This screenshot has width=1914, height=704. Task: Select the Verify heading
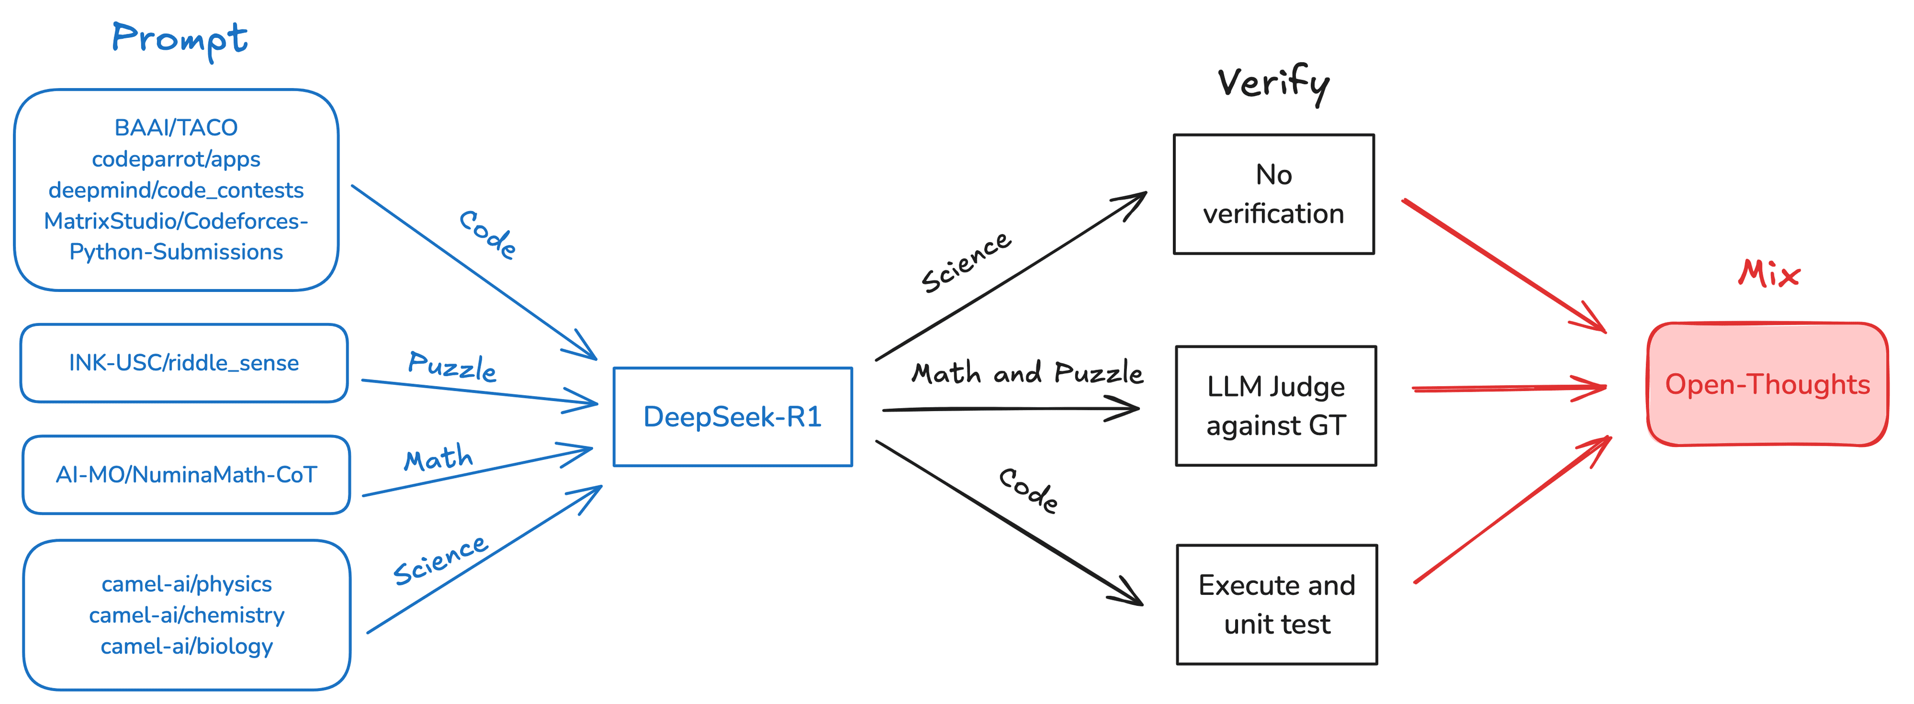coord(1273,83)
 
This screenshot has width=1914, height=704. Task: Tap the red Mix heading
coord(1769,274)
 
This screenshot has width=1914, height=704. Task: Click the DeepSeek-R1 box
coord(733,417)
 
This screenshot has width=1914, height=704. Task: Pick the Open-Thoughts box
coord(1767,384)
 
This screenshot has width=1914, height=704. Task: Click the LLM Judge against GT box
coord(1276,406)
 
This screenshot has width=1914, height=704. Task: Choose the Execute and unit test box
coord(1276,604)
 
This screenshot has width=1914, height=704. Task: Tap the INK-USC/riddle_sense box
coord(183,363)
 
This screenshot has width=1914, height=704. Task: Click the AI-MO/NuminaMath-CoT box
coord(186,474)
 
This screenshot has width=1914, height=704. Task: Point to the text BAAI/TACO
coord(176,128)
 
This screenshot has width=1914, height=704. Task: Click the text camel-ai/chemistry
coord(186,615)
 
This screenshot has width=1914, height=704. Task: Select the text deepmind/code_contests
coord(176,190)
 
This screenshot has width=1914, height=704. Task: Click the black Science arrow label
coord(966,262)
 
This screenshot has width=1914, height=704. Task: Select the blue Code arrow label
coord(487,235)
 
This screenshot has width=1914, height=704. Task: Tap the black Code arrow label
coord(1028,491)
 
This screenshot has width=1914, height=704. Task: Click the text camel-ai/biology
coord(186,646)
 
